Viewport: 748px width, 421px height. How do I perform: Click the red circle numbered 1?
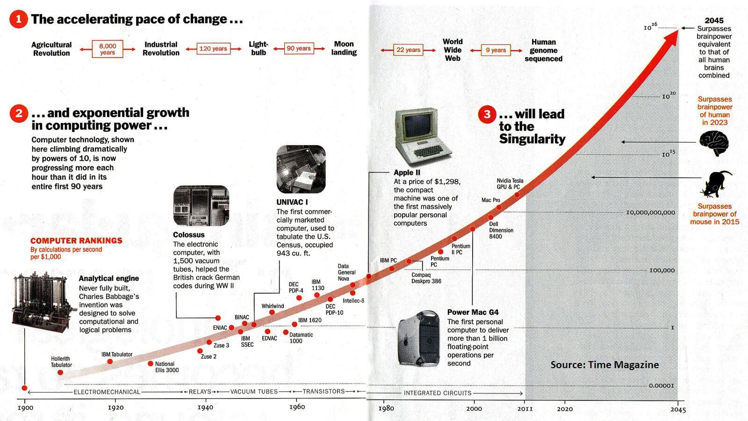click(19, 19)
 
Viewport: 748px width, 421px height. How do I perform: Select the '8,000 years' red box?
click(108, 49)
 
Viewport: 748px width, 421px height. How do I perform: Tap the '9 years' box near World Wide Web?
click(496, 50)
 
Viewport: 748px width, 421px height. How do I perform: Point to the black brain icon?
click(714, 143)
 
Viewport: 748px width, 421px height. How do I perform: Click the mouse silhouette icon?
click(716, 183)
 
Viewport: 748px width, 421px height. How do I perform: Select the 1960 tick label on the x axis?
click(297, 407)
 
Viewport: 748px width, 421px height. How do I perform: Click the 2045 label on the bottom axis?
click(678, 410)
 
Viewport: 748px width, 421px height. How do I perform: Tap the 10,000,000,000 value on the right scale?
click(650, 212)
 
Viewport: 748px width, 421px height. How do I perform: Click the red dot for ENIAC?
click(231, 327)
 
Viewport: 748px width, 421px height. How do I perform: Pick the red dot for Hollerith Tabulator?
click(60, 372)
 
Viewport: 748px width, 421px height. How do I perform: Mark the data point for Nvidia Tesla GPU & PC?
click(517, 195)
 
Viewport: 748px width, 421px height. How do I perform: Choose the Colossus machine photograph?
click(201, 206)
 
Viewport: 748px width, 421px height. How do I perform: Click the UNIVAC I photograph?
click(301, 169)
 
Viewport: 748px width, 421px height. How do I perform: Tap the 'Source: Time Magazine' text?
click(604, 365)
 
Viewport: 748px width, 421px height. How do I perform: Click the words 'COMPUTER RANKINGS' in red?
click(76, 240)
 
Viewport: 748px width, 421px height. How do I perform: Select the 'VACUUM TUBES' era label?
click(254, 392)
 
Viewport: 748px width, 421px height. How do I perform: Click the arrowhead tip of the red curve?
click(676, 31)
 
